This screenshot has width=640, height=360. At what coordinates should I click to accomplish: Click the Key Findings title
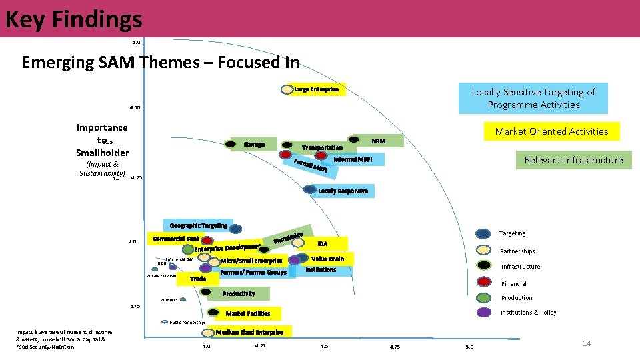click(x=73, y=19)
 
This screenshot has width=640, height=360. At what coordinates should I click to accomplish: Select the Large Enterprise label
click(x=317, y=89)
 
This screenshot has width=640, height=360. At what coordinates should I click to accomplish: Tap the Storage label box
click(x=254, y=144)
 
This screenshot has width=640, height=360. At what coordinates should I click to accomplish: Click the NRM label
click(x=377, y=140)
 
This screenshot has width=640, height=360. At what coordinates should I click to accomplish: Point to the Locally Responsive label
click(x=343, y=191)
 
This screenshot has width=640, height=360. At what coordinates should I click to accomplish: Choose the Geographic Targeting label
click(x=198, y=226)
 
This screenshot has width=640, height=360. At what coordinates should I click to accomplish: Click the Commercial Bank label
click(x=176, y=239)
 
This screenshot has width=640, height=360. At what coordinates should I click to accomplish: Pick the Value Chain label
click(x=327, y=259)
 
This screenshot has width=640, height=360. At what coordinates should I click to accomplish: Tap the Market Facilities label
click(x=248, y=313)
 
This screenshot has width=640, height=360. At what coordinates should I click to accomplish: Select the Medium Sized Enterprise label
click(x=250, y=332)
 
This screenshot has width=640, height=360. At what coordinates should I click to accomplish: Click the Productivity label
click(x=239, y=293)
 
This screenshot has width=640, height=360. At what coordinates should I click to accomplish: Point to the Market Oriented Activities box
click(x=551, y=131)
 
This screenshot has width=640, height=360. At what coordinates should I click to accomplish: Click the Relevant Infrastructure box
click(x=573, y=160)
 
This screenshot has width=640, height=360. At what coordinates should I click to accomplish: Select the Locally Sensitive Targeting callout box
click(x=533, y=98)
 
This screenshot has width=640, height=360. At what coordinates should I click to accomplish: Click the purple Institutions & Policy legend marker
click(x=484, y=312)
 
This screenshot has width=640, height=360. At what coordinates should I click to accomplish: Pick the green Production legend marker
click(x=484, y=297)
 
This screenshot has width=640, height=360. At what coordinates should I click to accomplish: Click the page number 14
click(x=587, y=343)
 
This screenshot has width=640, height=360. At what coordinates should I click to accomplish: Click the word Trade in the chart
click(x=198, y=279)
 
